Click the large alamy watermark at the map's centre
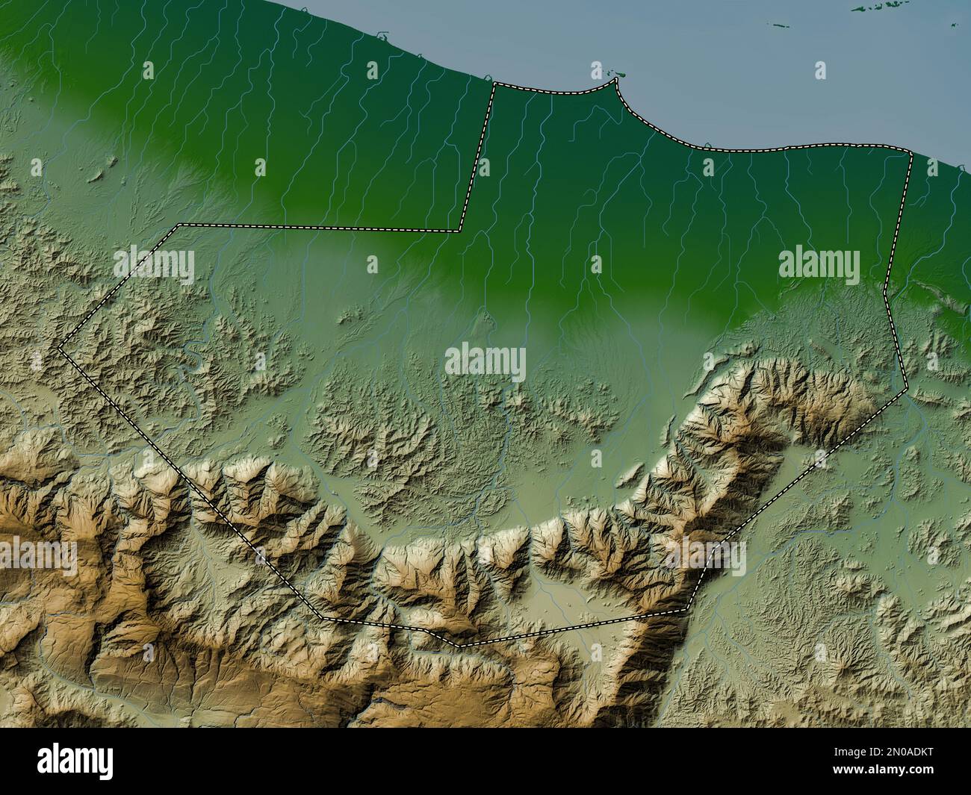tap(485, 364)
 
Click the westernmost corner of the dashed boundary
tap(60, 347)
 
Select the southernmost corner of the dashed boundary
tap(457, 644)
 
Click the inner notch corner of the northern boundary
tap(459, 230)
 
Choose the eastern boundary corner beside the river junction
tap(905, 388)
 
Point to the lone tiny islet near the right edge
tap(954, 25)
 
